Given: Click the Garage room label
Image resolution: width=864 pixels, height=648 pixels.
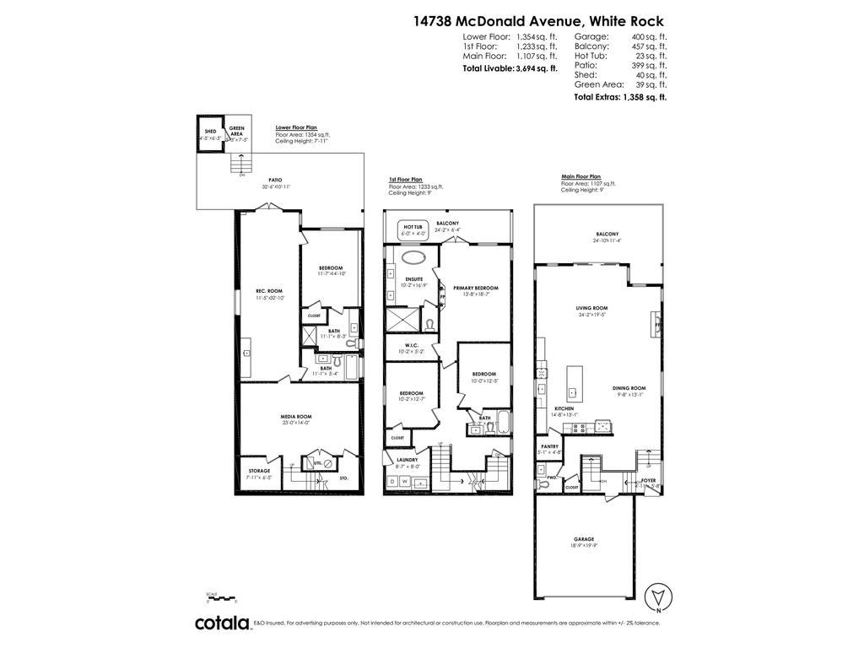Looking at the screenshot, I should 585,539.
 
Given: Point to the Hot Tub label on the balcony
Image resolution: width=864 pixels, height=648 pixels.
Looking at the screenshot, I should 413,226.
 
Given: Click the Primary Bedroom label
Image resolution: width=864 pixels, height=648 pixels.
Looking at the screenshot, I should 476,289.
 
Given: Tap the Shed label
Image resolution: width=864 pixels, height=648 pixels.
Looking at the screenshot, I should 210,132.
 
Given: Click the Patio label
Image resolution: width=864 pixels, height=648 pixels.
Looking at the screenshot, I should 275,180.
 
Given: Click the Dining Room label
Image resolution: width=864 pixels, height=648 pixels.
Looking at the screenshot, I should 629,389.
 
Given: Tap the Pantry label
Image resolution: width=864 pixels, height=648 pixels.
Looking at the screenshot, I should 548,447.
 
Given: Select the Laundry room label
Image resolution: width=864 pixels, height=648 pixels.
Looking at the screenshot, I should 407,460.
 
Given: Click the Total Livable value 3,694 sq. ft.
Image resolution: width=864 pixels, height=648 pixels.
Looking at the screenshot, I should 537,68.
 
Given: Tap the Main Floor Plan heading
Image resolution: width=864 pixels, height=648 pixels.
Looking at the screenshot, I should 581,177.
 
